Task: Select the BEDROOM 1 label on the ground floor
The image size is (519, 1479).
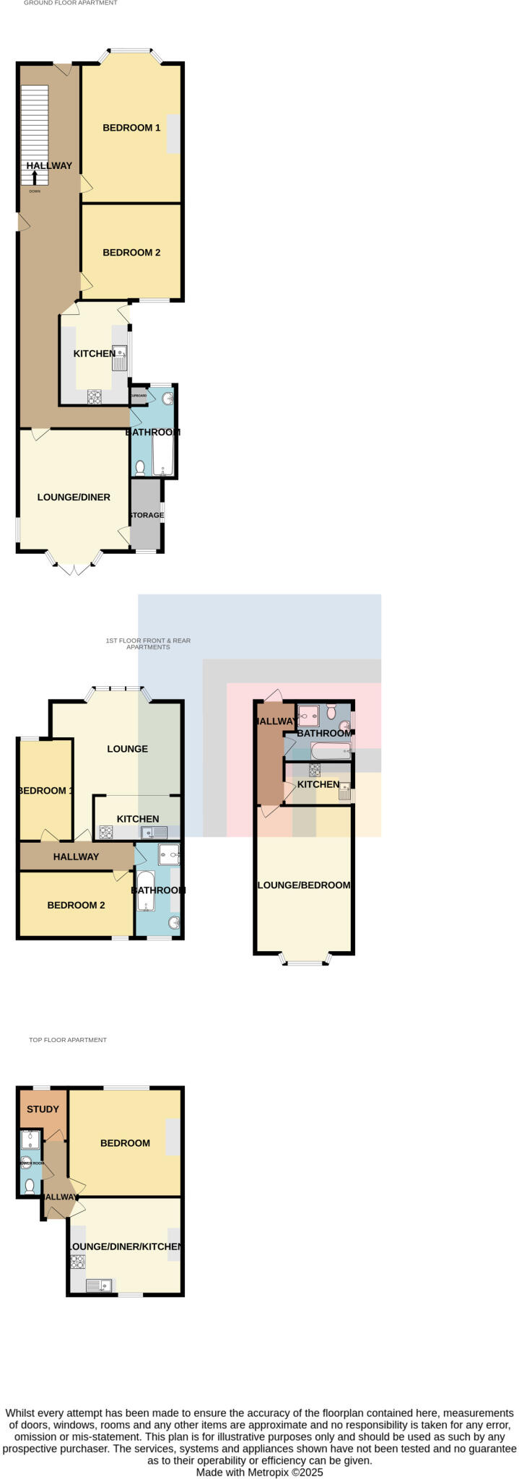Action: (x=131, y=128)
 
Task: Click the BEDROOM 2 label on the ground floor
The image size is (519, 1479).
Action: (x=131, y=253)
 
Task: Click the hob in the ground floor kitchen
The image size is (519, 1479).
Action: (x=94, y=396)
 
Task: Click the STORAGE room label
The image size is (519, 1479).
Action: (x=147, y=516)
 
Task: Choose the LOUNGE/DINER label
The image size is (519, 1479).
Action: (x=74, y=498)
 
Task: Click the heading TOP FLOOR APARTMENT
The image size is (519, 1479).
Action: (x=68, y=1040)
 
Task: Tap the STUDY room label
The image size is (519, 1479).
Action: (x=43, y=1109)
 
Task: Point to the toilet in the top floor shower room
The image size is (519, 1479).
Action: (x=30, y=1185)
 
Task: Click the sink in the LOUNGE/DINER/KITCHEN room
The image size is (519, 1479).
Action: (x=100, y=1285)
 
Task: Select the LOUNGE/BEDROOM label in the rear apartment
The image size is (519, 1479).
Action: (x=304, y=885)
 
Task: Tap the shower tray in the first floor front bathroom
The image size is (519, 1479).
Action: (x=168, y=854)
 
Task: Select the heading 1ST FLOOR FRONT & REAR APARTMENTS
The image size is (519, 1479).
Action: (x=148, y=643)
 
